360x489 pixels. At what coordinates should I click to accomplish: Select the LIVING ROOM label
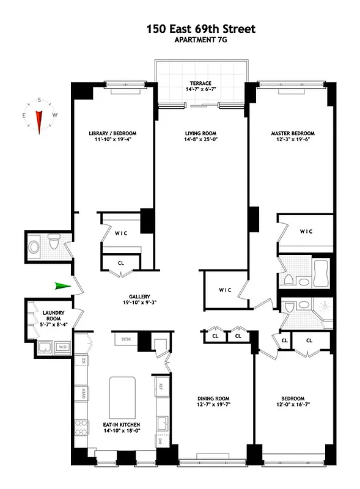point(201,133)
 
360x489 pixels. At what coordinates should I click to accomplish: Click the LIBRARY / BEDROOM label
point(112,133)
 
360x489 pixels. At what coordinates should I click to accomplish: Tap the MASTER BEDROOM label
point(292,133)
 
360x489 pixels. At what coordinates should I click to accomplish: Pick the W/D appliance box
point(62,347)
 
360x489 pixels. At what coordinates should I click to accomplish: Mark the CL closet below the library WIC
point(121,263)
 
